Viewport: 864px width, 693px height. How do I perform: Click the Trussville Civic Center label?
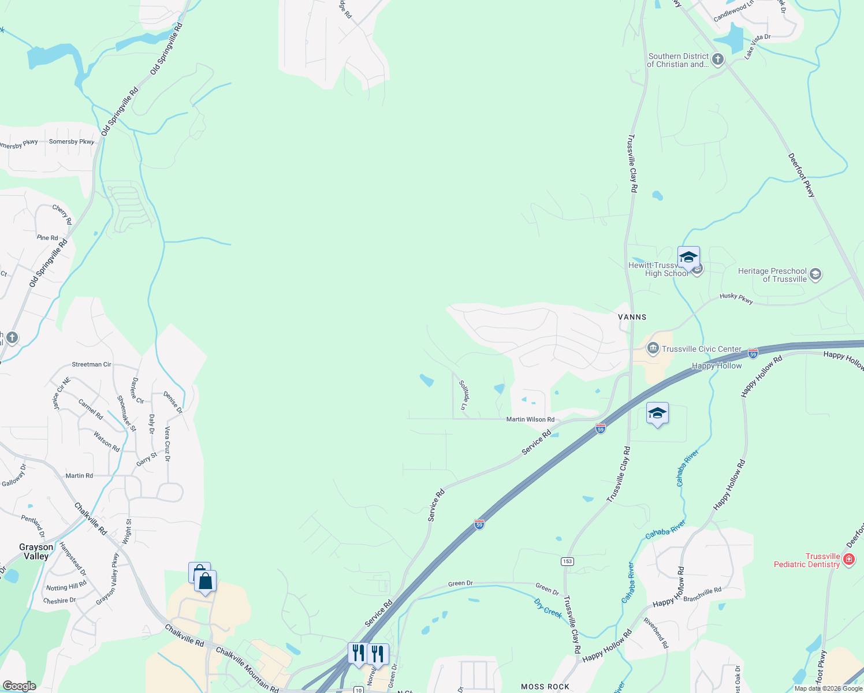pos(701,349)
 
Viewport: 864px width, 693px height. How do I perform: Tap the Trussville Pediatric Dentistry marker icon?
pos(849,559)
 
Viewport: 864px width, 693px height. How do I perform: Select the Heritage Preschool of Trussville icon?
pos(815,274)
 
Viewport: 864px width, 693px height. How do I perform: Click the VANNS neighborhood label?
pos(632,317)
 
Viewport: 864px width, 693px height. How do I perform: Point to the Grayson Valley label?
pos(36,552)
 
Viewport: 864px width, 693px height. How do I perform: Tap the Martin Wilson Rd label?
pos(530,419)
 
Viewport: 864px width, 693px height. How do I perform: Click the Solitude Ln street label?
pos(463,394)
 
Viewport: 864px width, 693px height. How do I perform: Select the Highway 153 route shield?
pos(567,561)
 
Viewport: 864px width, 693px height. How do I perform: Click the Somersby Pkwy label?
pos(72,141)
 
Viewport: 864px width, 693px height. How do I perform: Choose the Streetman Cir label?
pos(91,364)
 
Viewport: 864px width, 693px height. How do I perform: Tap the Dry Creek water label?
pos(548,608)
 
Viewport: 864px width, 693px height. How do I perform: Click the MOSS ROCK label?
pos(545,687)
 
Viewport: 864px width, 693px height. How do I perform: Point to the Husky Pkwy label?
pos(736,298)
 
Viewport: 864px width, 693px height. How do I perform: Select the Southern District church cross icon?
pos(717,59)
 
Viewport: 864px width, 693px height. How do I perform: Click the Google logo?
pos(19,686)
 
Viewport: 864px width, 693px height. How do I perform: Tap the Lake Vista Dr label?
pos(757,46)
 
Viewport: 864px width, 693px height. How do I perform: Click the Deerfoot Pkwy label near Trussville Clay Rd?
pos(802,175)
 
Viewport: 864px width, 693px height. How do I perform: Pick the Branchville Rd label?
pos(702,594)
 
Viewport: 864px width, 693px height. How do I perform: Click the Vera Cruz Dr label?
pos(167,444)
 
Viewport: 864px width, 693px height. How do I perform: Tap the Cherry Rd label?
pos(62,214)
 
